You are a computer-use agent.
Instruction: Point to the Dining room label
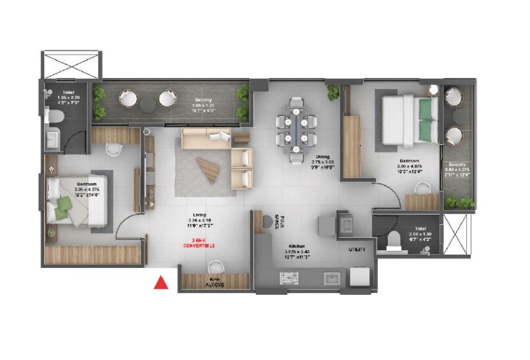pos(321,156)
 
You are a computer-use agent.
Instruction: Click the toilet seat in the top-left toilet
pos(56,117)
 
